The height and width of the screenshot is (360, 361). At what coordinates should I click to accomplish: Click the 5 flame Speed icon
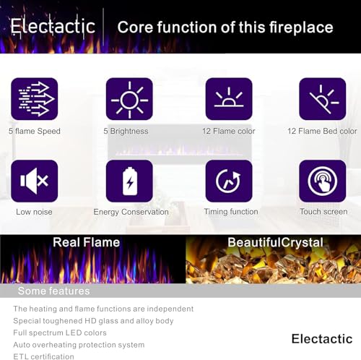click(34, 99)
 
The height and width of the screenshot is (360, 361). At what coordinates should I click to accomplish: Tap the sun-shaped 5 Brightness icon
click(129, 99)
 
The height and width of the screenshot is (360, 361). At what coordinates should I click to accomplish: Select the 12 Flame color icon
click(229, 99)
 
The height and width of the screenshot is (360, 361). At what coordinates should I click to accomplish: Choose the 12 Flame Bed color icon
click(322, 99)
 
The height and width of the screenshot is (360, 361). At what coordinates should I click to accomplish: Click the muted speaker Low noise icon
click(34, 181)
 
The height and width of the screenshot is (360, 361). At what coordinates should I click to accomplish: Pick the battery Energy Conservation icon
click(129, 181)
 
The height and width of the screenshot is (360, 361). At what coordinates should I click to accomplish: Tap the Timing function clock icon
click(229, 181)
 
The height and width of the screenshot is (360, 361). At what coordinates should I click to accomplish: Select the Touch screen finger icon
click(322, 181)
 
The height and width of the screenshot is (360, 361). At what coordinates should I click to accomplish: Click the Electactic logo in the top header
click(53, 27)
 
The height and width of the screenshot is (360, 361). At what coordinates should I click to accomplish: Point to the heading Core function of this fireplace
click(225, 27)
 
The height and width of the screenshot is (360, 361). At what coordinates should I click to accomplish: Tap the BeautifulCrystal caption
click(275, 242)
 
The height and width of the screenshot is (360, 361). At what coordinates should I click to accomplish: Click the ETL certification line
click(43, 356)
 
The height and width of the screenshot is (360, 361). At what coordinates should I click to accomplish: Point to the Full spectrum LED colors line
click(60, 333)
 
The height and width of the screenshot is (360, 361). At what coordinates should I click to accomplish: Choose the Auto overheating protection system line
click(79, 345)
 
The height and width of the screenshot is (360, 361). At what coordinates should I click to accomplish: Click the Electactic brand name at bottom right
click(322, 338)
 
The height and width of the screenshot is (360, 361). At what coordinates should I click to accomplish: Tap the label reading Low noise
click(34, 212)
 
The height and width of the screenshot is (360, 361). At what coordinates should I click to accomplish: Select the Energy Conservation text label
click(131, 212)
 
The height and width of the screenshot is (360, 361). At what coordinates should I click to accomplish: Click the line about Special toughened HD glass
click(93, 320)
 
